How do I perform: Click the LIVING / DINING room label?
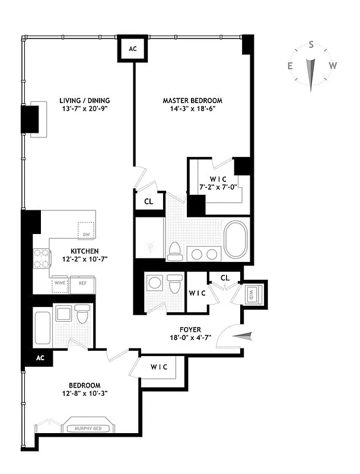(x=84, y=100)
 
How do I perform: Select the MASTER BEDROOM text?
(x=192, y=101)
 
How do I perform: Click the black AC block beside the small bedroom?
(x=40, y=358)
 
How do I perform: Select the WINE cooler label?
(x=60, y=283)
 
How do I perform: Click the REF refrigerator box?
(x=82, y=283)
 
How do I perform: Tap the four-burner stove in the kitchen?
(x=42, y=259)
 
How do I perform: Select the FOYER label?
(x=190, y=329)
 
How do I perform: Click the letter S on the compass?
(x=311, y=45)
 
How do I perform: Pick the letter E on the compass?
(x=290, y=66)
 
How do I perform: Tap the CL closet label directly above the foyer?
(x=225, y=277)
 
